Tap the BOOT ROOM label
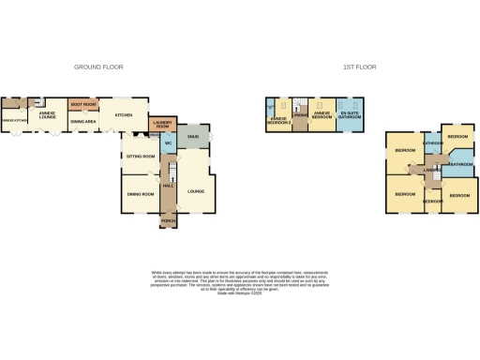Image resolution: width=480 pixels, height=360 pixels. (x=83, y=104)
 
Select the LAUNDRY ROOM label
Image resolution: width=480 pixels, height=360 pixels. (x=162, y=124)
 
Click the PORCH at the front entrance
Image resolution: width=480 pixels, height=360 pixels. (x=169, y=221)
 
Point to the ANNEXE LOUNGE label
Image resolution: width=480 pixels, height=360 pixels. (x=49, y=114)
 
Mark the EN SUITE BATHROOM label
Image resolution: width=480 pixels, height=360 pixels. (x=351, y=114)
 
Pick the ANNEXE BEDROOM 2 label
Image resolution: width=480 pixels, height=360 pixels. (x=278, y=120)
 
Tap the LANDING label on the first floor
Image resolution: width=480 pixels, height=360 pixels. (x=432, y=169)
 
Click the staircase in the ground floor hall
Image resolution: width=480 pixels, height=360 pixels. (x=171, y=169)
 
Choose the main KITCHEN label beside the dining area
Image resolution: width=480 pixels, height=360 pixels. (x=124, y=115)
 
